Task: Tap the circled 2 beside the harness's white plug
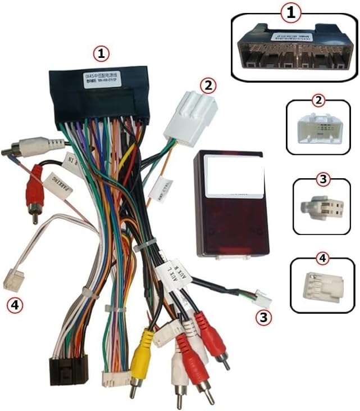pyautogui.click(x=208, y=85)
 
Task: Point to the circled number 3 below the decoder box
pyautogui.click(x=263, y=317)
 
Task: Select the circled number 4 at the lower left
pyautogui.click(x=14, y=305)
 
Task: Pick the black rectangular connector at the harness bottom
pyautogui.click(x=69, y=367)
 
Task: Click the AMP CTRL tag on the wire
pyautogui.click(x=156, y=190)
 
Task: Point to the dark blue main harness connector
pyautogui.click(x=100, y=96)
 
